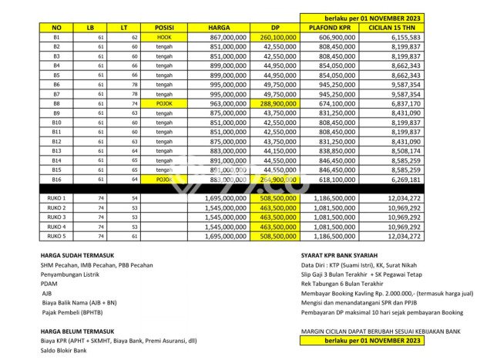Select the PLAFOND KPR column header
tap(332, 27)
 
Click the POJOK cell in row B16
tap(163, 179)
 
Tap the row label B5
tap(56, 75)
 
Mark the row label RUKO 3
tap(56, 217)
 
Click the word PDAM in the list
tap(49, 282)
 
